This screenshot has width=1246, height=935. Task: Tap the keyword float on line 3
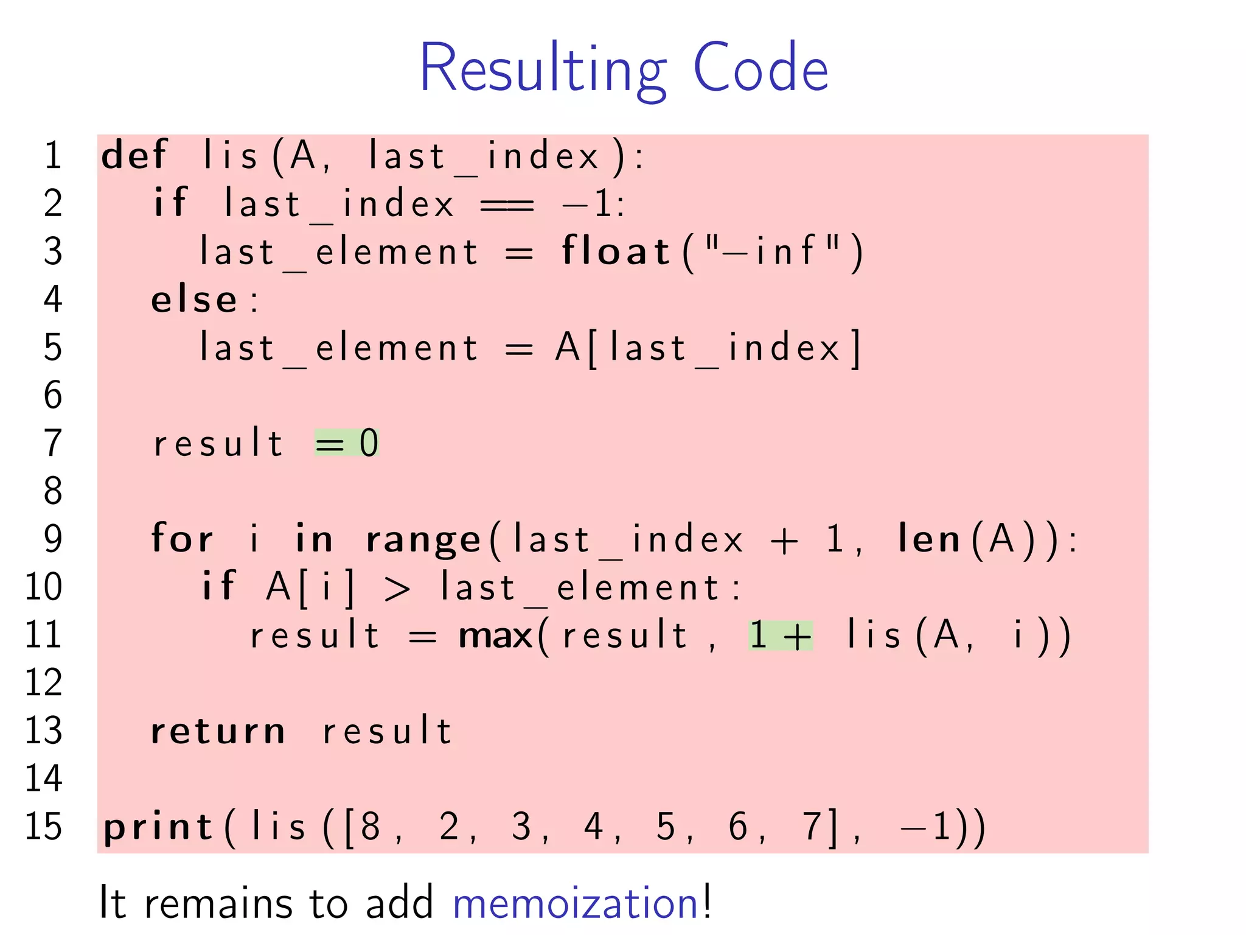coord(615,251)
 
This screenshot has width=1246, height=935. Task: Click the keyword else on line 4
coord(194,299)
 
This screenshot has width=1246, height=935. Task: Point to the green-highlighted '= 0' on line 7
coord(347,443)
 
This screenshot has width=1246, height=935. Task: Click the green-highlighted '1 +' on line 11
coord(781,636)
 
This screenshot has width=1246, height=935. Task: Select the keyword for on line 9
coord(182,539)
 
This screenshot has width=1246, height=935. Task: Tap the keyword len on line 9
coord(929,539)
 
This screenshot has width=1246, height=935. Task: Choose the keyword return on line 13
coord(218,731)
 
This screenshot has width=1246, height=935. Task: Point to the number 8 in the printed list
coord(371,827)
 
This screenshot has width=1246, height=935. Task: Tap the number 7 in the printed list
coord(812,827)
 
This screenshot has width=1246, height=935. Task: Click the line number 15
coord(43,827)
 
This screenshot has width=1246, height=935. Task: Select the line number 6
coord(53,395)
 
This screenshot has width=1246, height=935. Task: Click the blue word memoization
coord(576,903)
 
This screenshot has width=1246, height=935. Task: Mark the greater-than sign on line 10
coord(397,588)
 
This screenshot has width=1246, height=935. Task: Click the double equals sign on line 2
coord(507,205)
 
